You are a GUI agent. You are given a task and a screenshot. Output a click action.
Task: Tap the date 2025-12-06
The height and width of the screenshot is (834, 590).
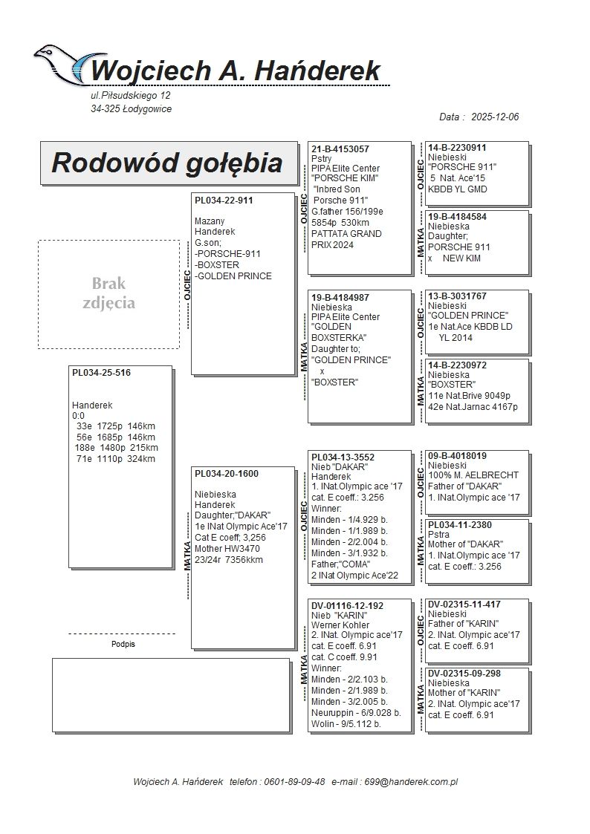495,117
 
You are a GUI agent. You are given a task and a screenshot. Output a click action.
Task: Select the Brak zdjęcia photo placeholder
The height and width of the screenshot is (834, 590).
108,294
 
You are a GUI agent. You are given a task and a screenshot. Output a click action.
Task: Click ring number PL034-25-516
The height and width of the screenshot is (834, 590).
101,373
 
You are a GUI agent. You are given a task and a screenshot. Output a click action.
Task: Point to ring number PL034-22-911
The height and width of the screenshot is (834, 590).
224,201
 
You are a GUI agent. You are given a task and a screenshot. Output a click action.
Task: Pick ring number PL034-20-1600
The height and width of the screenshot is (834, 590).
227,474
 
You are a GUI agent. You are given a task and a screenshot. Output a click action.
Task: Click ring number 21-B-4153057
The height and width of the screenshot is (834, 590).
340,149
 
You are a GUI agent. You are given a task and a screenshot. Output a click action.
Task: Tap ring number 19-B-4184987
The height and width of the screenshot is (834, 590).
340,297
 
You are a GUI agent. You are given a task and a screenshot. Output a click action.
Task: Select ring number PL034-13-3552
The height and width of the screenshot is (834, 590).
343,457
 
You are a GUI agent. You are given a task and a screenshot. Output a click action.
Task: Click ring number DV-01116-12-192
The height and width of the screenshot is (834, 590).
347,606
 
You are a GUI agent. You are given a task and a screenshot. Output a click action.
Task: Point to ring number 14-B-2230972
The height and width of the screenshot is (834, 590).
457,365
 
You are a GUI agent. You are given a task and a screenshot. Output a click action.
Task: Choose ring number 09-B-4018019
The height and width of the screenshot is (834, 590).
458,455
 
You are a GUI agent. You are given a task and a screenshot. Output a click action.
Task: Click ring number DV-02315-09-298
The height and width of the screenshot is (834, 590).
464,673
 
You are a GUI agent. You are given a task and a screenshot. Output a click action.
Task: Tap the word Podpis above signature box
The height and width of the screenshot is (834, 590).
123,645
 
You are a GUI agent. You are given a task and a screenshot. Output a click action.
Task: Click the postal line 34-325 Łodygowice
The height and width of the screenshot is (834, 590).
132,109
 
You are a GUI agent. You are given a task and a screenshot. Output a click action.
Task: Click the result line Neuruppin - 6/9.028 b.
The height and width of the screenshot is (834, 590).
356,712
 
